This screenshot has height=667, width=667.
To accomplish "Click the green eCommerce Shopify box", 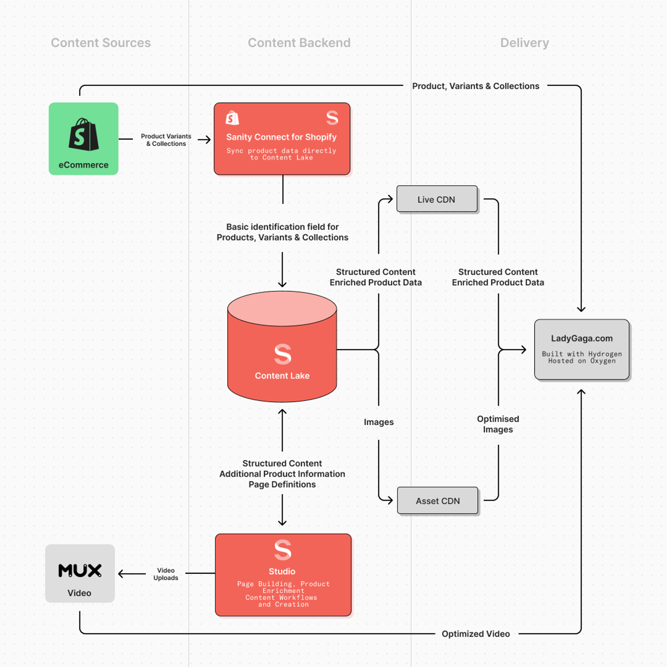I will (84, 138).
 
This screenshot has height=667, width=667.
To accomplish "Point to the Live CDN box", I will (437, 199).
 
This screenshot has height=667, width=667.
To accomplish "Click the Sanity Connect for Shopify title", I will (281, 137).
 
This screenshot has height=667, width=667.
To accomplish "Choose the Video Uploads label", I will (166, 574).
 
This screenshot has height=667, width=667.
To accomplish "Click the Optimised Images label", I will (498, 424).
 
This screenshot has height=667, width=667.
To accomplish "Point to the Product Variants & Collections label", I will (166, 140).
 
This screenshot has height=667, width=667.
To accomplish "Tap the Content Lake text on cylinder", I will (282, 376).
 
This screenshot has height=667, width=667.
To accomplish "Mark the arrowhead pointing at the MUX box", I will (121, 574).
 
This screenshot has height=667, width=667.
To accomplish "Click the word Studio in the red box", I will (282, 571).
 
